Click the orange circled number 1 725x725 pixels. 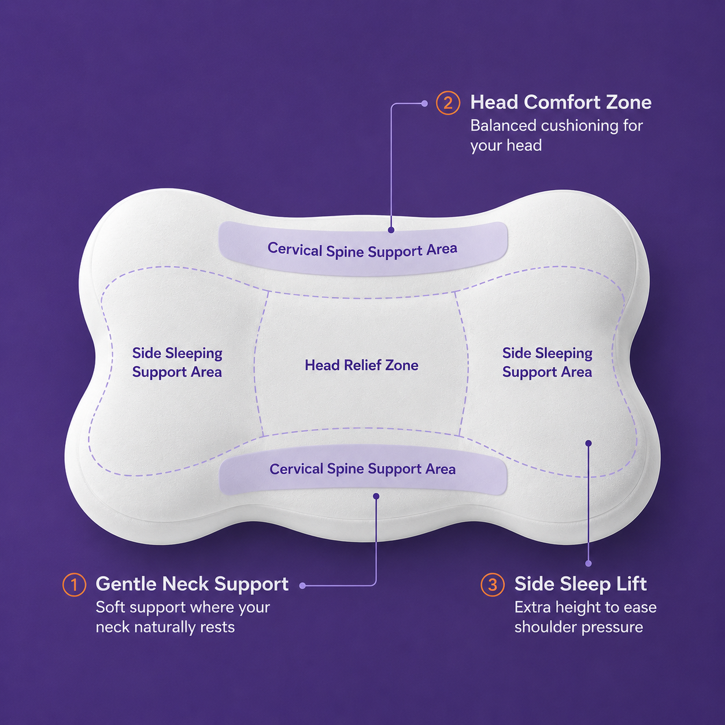74,585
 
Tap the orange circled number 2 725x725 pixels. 447,103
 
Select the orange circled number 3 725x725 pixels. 492,585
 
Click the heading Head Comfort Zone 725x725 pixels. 561,102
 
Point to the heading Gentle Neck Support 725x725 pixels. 192,585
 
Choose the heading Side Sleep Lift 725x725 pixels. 580,585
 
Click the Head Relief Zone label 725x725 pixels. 361,365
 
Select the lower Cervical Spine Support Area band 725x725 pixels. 363,469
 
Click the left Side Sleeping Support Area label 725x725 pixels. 177,362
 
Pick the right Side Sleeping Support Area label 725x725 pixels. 547,362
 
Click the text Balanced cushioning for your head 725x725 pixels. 556,135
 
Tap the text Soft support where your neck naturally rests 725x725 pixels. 183,617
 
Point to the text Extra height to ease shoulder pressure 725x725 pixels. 586,617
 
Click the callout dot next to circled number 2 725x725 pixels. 425,103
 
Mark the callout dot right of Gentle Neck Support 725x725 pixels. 302,586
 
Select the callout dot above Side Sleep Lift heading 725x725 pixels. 589,563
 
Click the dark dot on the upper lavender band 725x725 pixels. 391,230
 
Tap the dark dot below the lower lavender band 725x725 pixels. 376,496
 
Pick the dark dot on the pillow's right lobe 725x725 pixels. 589,443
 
